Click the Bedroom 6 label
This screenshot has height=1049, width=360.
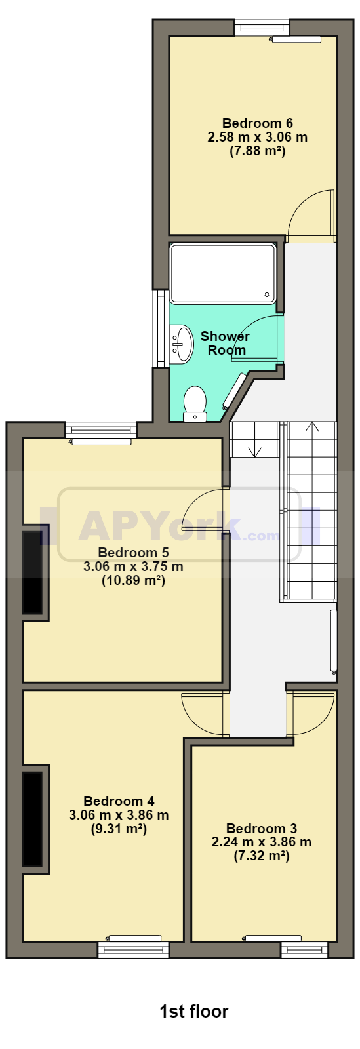click(x=258, y=123)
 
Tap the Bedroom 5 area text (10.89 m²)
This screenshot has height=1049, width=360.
click(x=133, y=581)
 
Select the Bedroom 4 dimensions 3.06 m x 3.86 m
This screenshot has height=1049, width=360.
click(x=119, y=815)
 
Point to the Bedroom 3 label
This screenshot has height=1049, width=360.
click(x=261, y=829)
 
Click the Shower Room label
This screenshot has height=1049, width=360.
click(x=225, y=343)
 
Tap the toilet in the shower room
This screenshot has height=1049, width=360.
click(x=195, y=404)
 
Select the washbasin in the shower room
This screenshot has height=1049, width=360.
click(x=182, y=344)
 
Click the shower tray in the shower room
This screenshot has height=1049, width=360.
click(x=223, y=273)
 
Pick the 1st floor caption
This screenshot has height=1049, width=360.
click(x=194, y=1012)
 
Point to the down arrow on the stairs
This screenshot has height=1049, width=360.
click(x=254, y=450)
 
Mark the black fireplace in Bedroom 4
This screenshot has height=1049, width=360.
click(x=33, y=819)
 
